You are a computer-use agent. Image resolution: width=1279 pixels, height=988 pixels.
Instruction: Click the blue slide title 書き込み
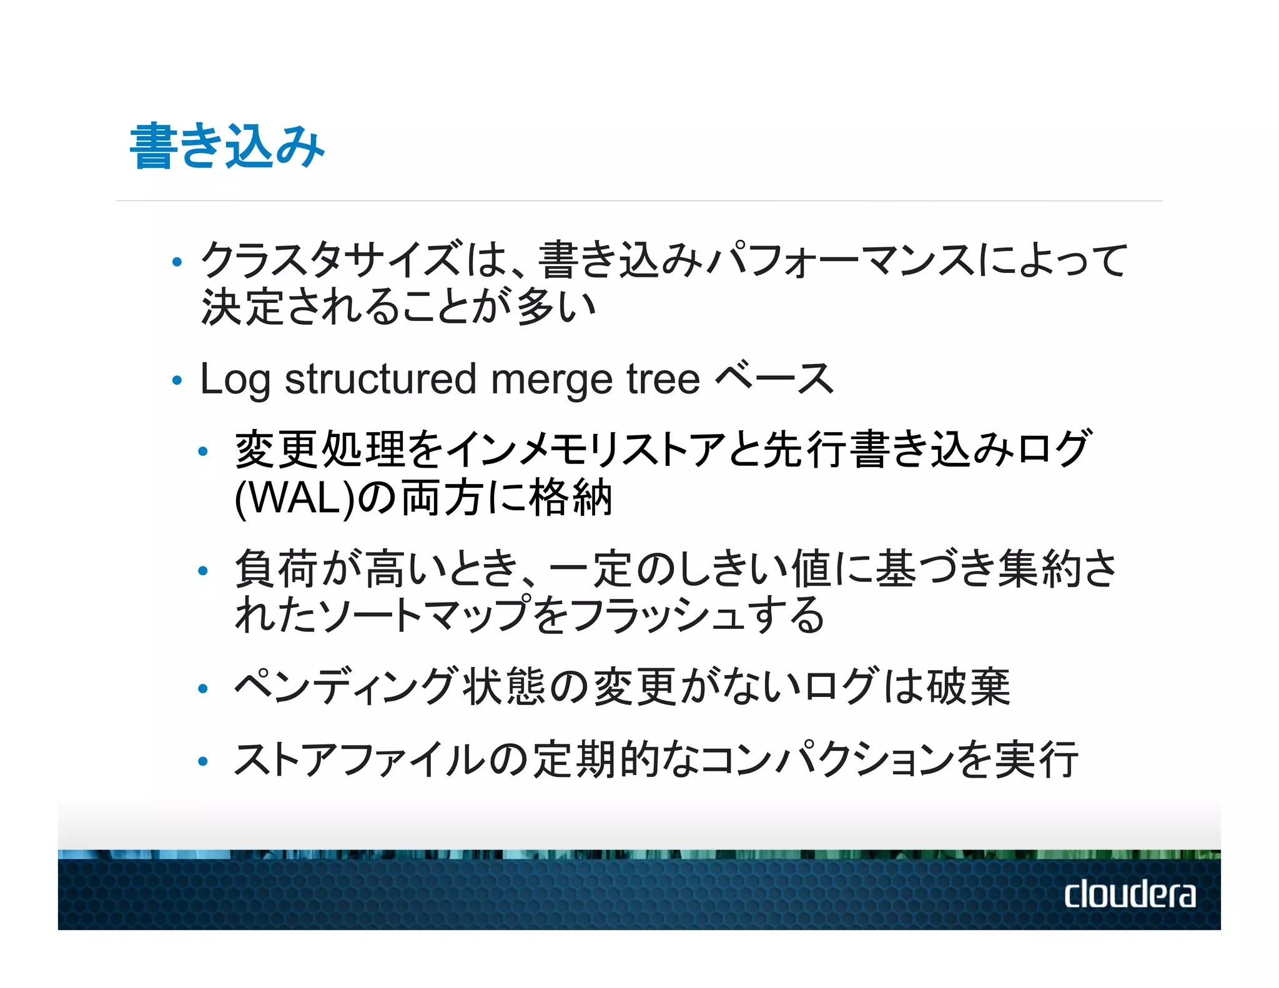(227, 146)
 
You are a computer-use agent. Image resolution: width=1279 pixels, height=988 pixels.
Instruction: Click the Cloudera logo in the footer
(1130, 894)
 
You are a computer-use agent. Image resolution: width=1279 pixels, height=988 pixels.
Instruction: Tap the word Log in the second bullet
(234, 380)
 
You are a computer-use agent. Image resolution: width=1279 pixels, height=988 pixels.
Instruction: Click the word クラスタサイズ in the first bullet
(331, 260)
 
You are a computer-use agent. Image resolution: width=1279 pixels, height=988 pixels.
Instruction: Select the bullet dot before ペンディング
(202, 689)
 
